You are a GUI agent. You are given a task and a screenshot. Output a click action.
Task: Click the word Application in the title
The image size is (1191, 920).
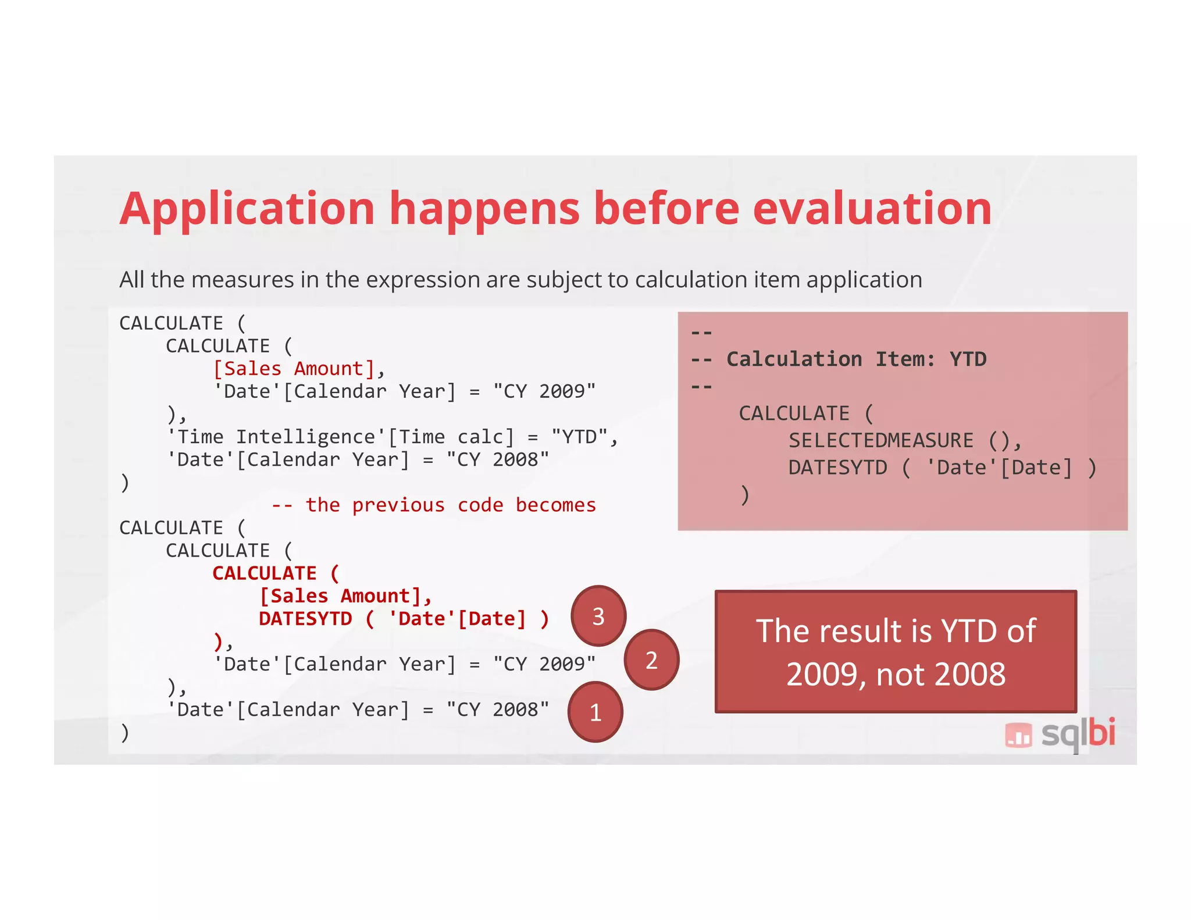point(247,209)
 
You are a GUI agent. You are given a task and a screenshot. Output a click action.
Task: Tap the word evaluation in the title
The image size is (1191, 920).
point(872,208)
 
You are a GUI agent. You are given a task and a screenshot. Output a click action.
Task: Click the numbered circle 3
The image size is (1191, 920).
point(598,616)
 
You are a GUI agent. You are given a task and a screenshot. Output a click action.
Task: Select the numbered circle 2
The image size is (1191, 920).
point(651,660)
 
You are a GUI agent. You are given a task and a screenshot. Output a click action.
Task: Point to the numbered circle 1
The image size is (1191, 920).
point(595,712)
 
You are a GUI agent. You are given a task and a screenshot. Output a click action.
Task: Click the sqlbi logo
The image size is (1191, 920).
point(1060,734)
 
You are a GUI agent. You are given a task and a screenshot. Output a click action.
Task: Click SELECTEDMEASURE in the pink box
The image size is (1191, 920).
point(880,441)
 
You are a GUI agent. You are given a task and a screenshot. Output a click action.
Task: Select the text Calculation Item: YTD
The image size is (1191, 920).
point(856,359)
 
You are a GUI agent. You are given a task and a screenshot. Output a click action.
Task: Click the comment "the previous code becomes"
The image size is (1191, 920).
point(451,505)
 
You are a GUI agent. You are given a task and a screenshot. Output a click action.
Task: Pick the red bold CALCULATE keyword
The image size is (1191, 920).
point(265,573)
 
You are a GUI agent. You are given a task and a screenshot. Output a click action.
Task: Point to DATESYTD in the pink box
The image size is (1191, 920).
point(837,468)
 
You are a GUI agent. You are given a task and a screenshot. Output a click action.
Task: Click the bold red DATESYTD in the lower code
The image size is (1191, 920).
point(305,619)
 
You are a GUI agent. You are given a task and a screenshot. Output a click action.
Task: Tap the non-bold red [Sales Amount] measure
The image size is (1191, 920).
point(294,369)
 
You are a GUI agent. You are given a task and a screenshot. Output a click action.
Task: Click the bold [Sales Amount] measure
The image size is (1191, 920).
point(340,596)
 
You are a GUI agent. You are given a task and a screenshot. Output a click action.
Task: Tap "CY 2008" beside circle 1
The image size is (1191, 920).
point(498,710)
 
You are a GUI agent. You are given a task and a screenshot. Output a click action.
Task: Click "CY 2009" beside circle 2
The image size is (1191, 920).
point(544,664)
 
